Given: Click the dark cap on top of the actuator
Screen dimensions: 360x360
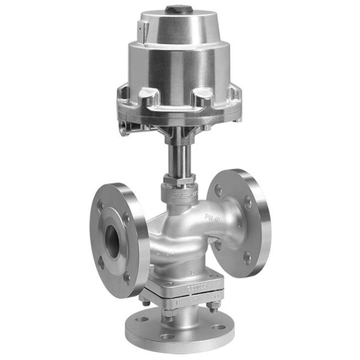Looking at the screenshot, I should (176, 10).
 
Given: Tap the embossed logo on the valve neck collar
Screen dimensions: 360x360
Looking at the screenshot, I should (181, 196).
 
